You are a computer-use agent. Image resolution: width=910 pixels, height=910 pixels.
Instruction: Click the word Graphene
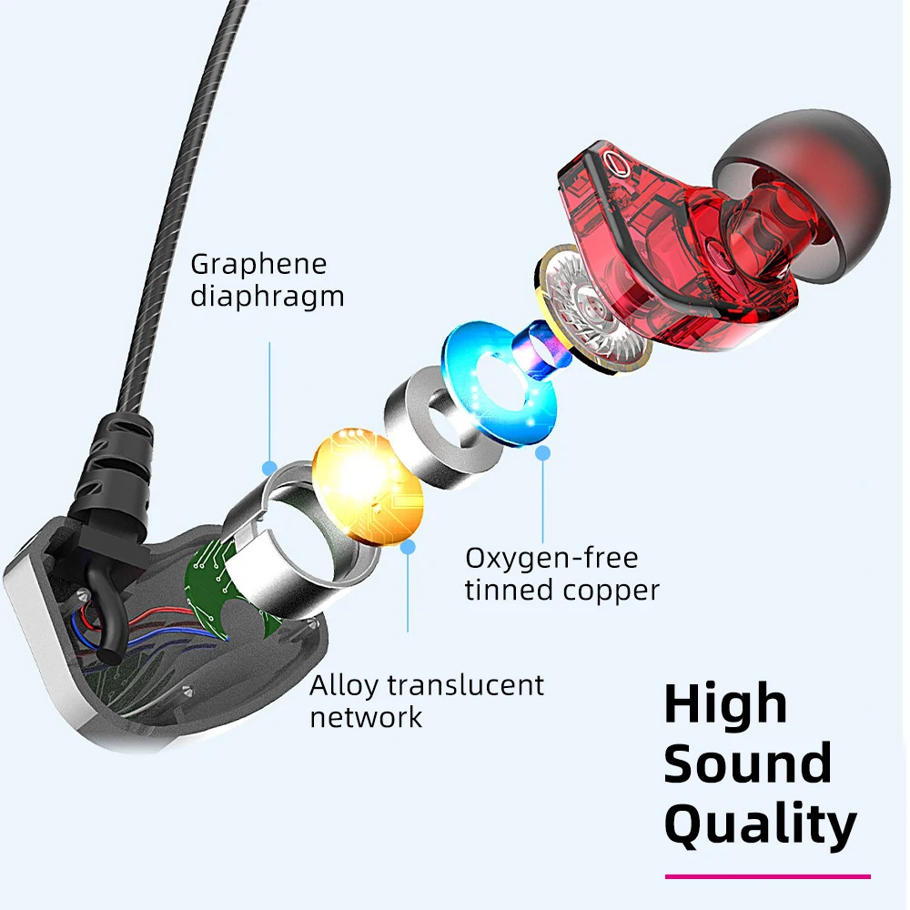(x=258, y=265)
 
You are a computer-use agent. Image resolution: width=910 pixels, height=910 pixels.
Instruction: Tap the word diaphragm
(x=267, y=297)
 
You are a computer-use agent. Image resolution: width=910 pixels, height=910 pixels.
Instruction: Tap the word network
(x=366, y=716)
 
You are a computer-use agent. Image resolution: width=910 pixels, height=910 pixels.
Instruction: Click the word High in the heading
(x=725, y=703)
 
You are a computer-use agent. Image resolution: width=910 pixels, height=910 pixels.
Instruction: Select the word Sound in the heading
(x=747, y=763)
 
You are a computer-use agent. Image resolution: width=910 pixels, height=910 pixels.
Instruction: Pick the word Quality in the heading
(x=760, y=824)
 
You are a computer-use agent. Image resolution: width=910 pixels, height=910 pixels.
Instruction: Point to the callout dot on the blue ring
(x=543, y=451)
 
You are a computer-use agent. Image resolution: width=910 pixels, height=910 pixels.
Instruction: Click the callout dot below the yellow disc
(x=408, y=547)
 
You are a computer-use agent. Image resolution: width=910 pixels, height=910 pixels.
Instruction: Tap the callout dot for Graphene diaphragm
(x=269, y=468)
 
